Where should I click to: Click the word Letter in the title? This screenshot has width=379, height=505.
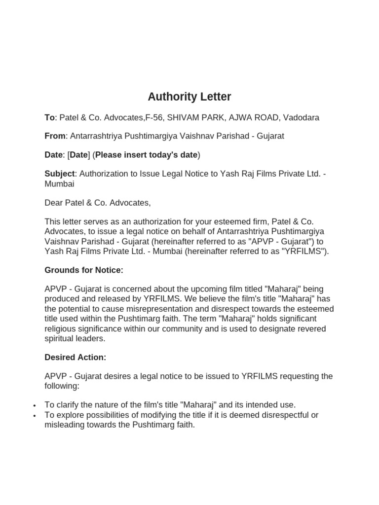point(213,97)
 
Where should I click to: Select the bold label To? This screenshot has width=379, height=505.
point(49,117)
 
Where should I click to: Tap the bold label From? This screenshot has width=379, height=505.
point(55,136)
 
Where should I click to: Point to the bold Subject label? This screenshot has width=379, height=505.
point(59,174)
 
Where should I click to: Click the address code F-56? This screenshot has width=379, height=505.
point(154,117)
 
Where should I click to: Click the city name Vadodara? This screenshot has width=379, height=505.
point(301,117)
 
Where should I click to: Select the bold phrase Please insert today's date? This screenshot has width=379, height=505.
point(146,155)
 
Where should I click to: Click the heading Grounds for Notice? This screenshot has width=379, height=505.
point(84,270)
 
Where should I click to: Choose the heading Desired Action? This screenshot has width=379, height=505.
point(76,357)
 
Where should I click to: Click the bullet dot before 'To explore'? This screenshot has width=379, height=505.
point(34,416)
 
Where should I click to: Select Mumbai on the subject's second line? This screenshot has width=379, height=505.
point(59,183)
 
